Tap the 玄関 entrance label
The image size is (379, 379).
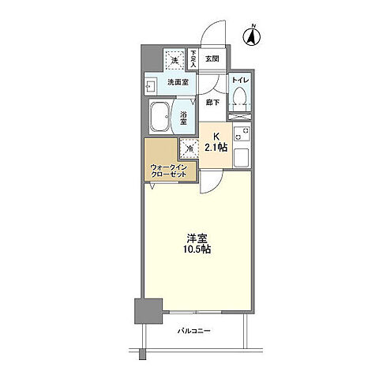(x=211, y=58)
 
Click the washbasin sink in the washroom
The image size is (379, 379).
(x=151, y=83)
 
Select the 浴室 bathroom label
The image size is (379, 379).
(x=183, y=118)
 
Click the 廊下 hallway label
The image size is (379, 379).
(x=211, y=101)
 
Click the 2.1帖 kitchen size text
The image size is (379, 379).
(x=216, y=146)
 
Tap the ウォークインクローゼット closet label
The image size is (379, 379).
(x=167, y=171)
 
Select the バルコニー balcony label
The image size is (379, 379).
(x=193, y=331)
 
